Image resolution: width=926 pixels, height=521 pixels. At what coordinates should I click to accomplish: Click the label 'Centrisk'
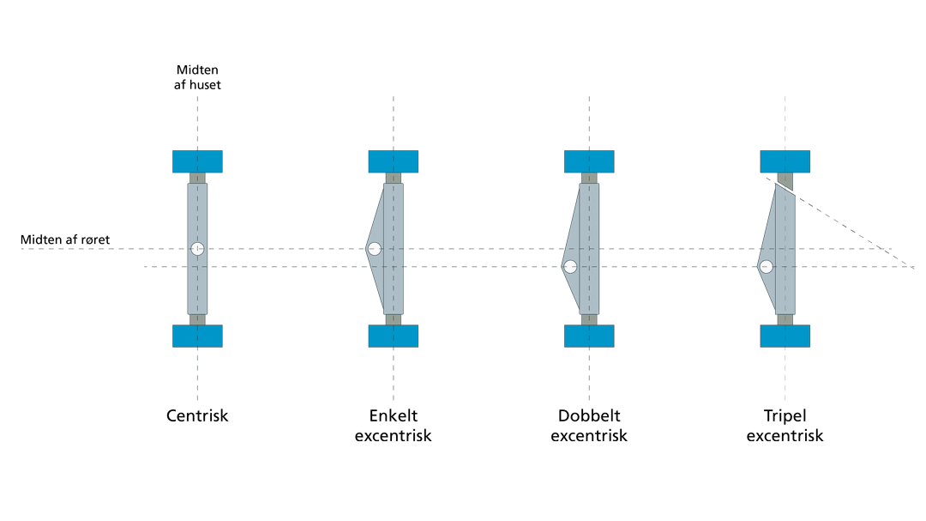197,417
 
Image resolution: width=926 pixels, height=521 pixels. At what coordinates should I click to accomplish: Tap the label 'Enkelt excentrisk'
393,426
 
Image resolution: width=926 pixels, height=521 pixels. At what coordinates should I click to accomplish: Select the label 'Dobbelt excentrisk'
589,426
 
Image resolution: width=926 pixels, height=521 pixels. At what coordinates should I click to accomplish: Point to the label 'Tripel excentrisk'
785,426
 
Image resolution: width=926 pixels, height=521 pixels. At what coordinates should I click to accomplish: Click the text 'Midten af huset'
199,77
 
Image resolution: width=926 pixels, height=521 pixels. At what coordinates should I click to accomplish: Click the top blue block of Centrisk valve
197,161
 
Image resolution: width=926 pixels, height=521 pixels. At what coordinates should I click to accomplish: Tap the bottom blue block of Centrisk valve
197,336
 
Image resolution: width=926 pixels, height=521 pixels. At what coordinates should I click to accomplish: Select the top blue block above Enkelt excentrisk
394,161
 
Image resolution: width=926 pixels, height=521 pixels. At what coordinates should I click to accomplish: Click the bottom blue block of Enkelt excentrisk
394,336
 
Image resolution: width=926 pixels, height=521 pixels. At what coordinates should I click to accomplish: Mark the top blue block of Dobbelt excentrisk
589,161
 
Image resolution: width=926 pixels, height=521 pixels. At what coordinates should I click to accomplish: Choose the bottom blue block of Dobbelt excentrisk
589,336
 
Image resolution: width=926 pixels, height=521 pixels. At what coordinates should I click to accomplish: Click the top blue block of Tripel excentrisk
785,161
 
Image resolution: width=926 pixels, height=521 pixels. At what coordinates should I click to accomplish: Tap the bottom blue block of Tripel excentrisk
785,336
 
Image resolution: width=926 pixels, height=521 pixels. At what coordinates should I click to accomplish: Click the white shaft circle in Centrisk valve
197,249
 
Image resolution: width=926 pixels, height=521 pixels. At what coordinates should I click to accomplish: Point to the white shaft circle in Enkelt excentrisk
375,249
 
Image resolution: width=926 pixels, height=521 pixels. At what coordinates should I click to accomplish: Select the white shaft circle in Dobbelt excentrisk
570,266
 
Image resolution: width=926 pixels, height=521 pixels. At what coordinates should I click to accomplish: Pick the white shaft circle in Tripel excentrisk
767,266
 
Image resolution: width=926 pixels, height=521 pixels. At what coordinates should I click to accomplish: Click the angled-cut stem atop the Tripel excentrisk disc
785,181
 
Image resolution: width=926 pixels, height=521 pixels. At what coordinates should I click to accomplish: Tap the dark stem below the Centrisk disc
197,319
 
